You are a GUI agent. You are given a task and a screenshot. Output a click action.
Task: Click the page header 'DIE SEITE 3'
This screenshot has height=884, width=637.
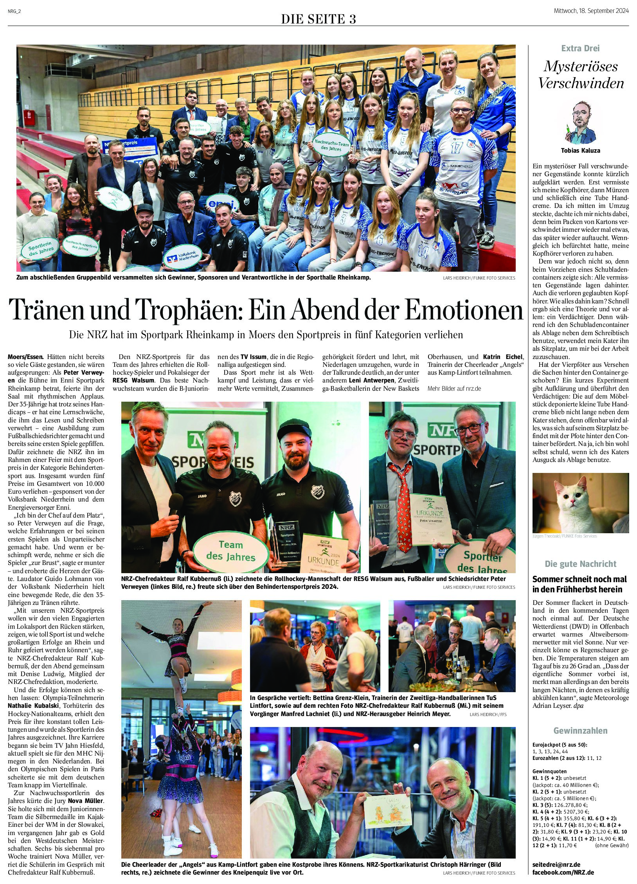318,19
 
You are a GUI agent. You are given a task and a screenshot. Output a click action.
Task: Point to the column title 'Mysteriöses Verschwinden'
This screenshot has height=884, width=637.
581,75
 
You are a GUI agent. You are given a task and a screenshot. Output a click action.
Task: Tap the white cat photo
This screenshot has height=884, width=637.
580,503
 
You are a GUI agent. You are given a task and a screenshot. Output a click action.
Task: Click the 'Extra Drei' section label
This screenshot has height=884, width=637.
580,49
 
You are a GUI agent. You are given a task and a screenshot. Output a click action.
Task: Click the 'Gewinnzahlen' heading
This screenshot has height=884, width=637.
580,731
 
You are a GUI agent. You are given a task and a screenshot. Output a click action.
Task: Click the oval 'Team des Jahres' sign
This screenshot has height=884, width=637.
231,550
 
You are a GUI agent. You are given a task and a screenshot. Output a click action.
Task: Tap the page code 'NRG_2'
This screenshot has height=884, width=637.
14,11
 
